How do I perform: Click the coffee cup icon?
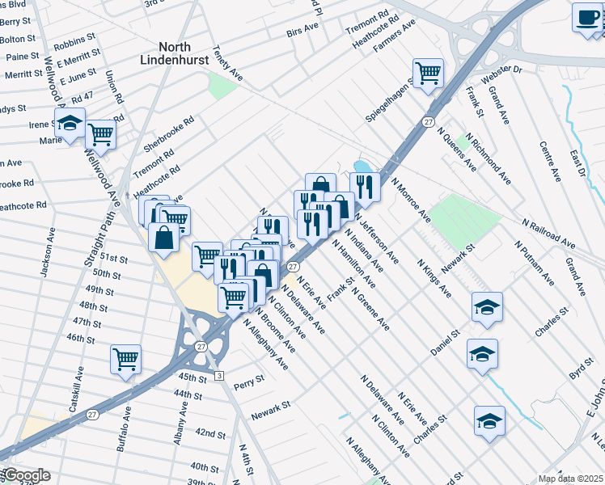coord(587,18)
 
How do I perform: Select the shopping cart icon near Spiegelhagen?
coord(428,74)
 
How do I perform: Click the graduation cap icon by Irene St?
coord(70,124)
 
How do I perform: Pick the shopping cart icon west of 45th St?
coord(125,358)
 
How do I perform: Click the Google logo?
coord(26,475)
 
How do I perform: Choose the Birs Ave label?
coord(302,32)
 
